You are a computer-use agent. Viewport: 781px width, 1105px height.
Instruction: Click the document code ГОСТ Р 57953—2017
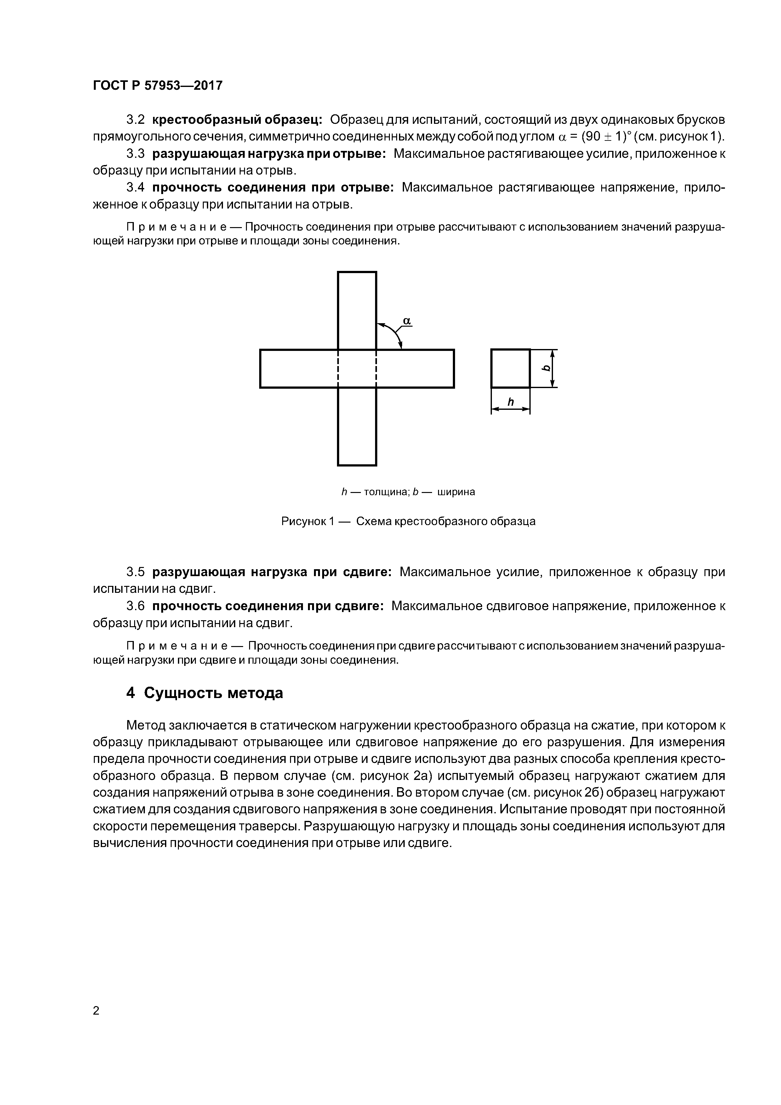pyautogui.click(x=158, y=86)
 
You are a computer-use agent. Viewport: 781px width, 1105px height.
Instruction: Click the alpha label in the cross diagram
pyautogui.click(x=407, y=321)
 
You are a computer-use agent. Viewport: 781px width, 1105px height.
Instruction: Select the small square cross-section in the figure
pyautogui.click(x=510, y=368)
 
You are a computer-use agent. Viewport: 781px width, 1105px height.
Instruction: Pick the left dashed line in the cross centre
pyautogui.click(x=338, y=368)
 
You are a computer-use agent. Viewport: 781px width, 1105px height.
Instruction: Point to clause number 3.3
pyautogui.click(x=135, y=154)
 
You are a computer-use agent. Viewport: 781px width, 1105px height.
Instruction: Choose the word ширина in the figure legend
pyautogui.click(x=456, y=492)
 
